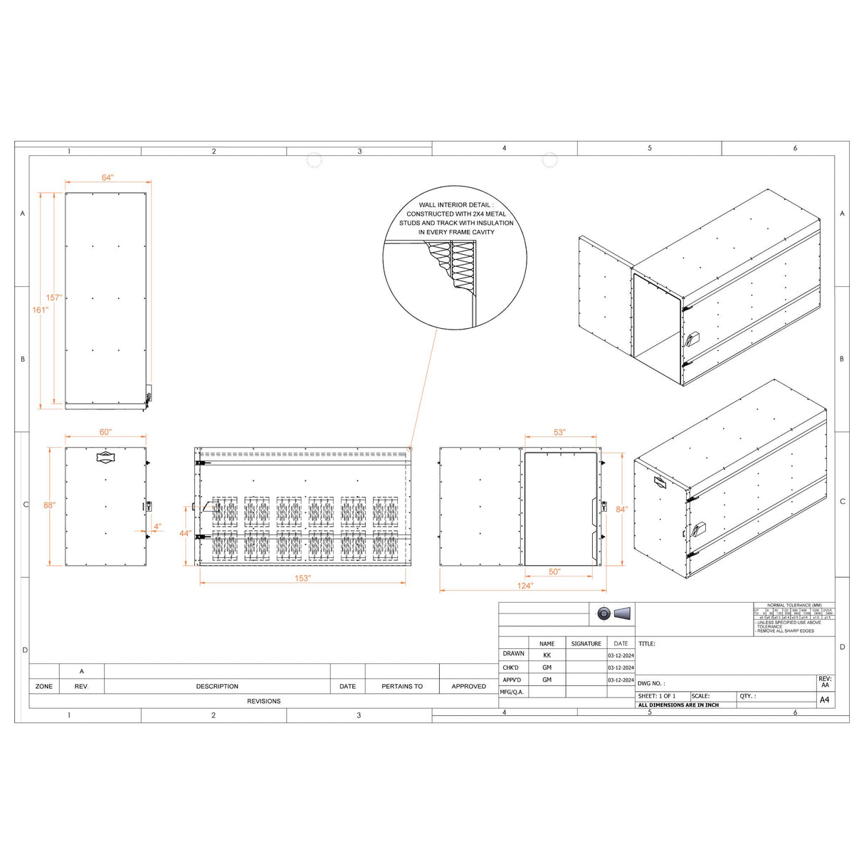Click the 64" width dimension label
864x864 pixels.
click(x=107, y=177)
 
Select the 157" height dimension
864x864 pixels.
click(x=54, y=297)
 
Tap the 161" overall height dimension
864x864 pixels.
click(x=40, y=310)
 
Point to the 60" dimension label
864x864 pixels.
click(x=105, y=432)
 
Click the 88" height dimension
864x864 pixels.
click(x=48, y=505)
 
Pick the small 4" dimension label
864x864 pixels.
click(x=157, y=527)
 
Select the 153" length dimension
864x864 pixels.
click(x=302, y=578)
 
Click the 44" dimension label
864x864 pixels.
click(x=184, y=533)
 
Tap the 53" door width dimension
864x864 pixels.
click(x=559, y=432)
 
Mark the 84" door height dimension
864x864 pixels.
click(x=621, y=509)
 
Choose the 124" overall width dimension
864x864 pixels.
click(x=525, y=586)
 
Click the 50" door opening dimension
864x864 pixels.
click(x=554, y=571)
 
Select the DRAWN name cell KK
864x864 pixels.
click(x=547, y=655)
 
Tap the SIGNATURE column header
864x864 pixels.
click(x=586, y=643)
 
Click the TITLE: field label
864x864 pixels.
click(x=646, y=643)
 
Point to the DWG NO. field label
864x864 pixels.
click(x=651, y=683)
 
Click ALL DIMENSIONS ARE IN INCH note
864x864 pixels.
click(x=678, y=705)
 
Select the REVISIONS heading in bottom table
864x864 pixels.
click(x=263, y=701)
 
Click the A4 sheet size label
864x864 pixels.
click(x=824, y=700)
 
